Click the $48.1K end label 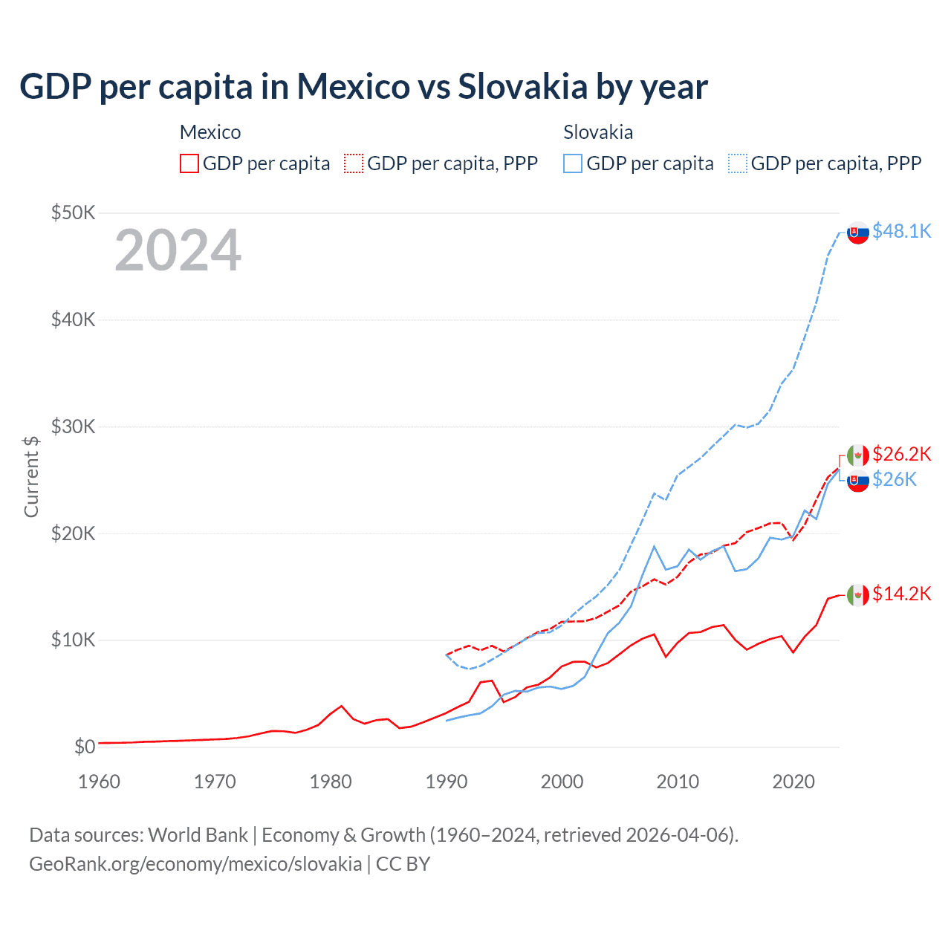point(901,232)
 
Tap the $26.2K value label point(901,454)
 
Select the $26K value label point(894,480)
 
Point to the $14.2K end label point(901,594)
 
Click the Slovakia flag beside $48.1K point(858,233)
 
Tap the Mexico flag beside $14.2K point(858,595)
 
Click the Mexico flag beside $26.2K point(858,455)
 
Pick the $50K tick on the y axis point(73,213)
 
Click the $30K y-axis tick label point(73,427)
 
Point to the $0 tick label point(85,747)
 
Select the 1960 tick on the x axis point(99,782)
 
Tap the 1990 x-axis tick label point(447,782)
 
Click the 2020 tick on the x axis point(793,782)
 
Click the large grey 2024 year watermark point(178,250)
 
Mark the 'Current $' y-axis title point(31,476)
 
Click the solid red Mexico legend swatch point(189,163)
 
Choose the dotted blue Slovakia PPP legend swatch point(738,163)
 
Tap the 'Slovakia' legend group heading point(598,132)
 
